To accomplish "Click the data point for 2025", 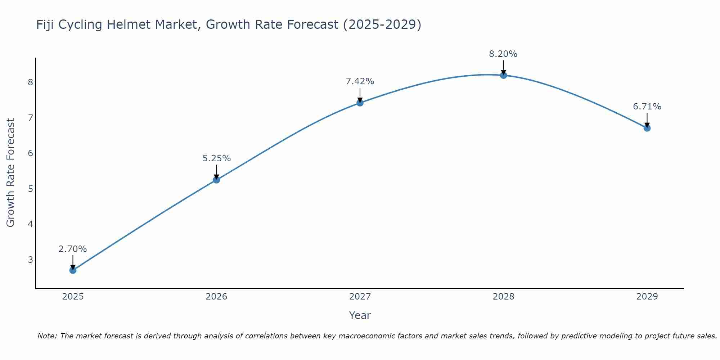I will click(x=73, y=270).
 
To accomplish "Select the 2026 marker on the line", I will click(x=216, y=180).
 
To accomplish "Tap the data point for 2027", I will click(x=360, y=103).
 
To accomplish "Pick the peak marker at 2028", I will click(x=503, y=75).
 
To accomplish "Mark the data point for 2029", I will click(x=647, y=128).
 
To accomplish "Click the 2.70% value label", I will click(x=73, y=249).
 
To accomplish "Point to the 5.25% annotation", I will click(x=216, y=158).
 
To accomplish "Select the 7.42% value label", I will click(x=360, y=81).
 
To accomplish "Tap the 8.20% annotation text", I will click(x=503, y=54).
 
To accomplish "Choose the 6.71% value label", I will click(x=647, y=107).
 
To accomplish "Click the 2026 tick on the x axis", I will click(x=216, y=297).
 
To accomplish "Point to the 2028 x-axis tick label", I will click(x=503, y=297).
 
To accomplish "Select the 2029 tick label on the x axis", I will click(x=647, y=297).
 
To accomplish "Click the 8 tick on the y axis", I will click(x=30, y=82).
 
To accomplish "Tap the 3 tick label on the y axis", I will click(x=30, y=260).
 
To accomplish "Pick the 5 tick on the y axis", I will click(x=30, y=189).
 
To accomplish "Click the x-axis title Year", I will click(x=360, y=315).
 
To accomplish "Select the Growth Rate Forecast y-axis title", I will click(x=11, y=173).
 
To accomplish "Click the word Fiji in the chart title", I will click(x=45, y=25).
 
